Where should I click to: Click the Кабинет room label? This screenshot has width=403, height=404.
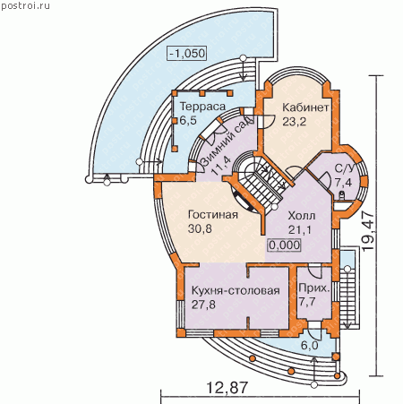click(x=305, y=107)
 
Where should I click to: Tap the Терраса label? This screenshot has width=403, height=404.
click(x=202, y=107)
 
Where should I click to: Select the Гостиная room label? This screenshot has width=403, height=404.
click(x=213, y=215)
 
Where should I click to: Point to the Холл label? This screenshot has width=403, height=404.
click(x=302, y=216)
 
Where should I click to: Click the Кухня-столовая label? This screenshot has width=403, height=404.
click(x=236, y=290)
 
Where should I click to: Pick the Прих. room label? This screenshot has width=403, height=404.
click(x=314, y=288)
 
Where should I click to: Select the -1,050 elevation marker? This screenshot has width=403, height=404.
click(x=187, y=54)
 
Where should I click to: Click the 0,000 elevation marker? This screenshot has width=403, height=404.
click(x=284, y=245)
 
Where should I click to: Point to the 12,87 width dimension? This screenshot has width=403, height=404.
click(x=227, y=388)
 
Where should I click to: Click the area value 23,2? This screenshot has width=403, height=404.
click(x=295, y=122)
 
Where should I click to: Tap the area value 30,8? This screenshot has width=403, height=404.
click(x=200, y=228)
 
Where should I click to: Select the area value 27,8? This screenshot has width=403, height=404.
click(x=203, y=305)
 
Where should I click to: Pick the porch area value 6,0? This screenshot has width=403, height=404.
click(x=310, y=346)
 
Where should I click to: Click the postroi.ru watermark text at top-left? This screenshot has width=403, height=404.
click(x=25, y=5)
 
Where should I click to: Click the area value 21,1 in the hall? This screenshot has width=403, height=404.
click(x=300, y=229)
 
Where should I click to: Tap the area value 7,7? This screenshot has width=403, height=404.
click(x=307, y=302)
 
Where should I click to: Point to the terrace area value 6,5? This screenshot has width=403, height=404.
click(x=188, y=120)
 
